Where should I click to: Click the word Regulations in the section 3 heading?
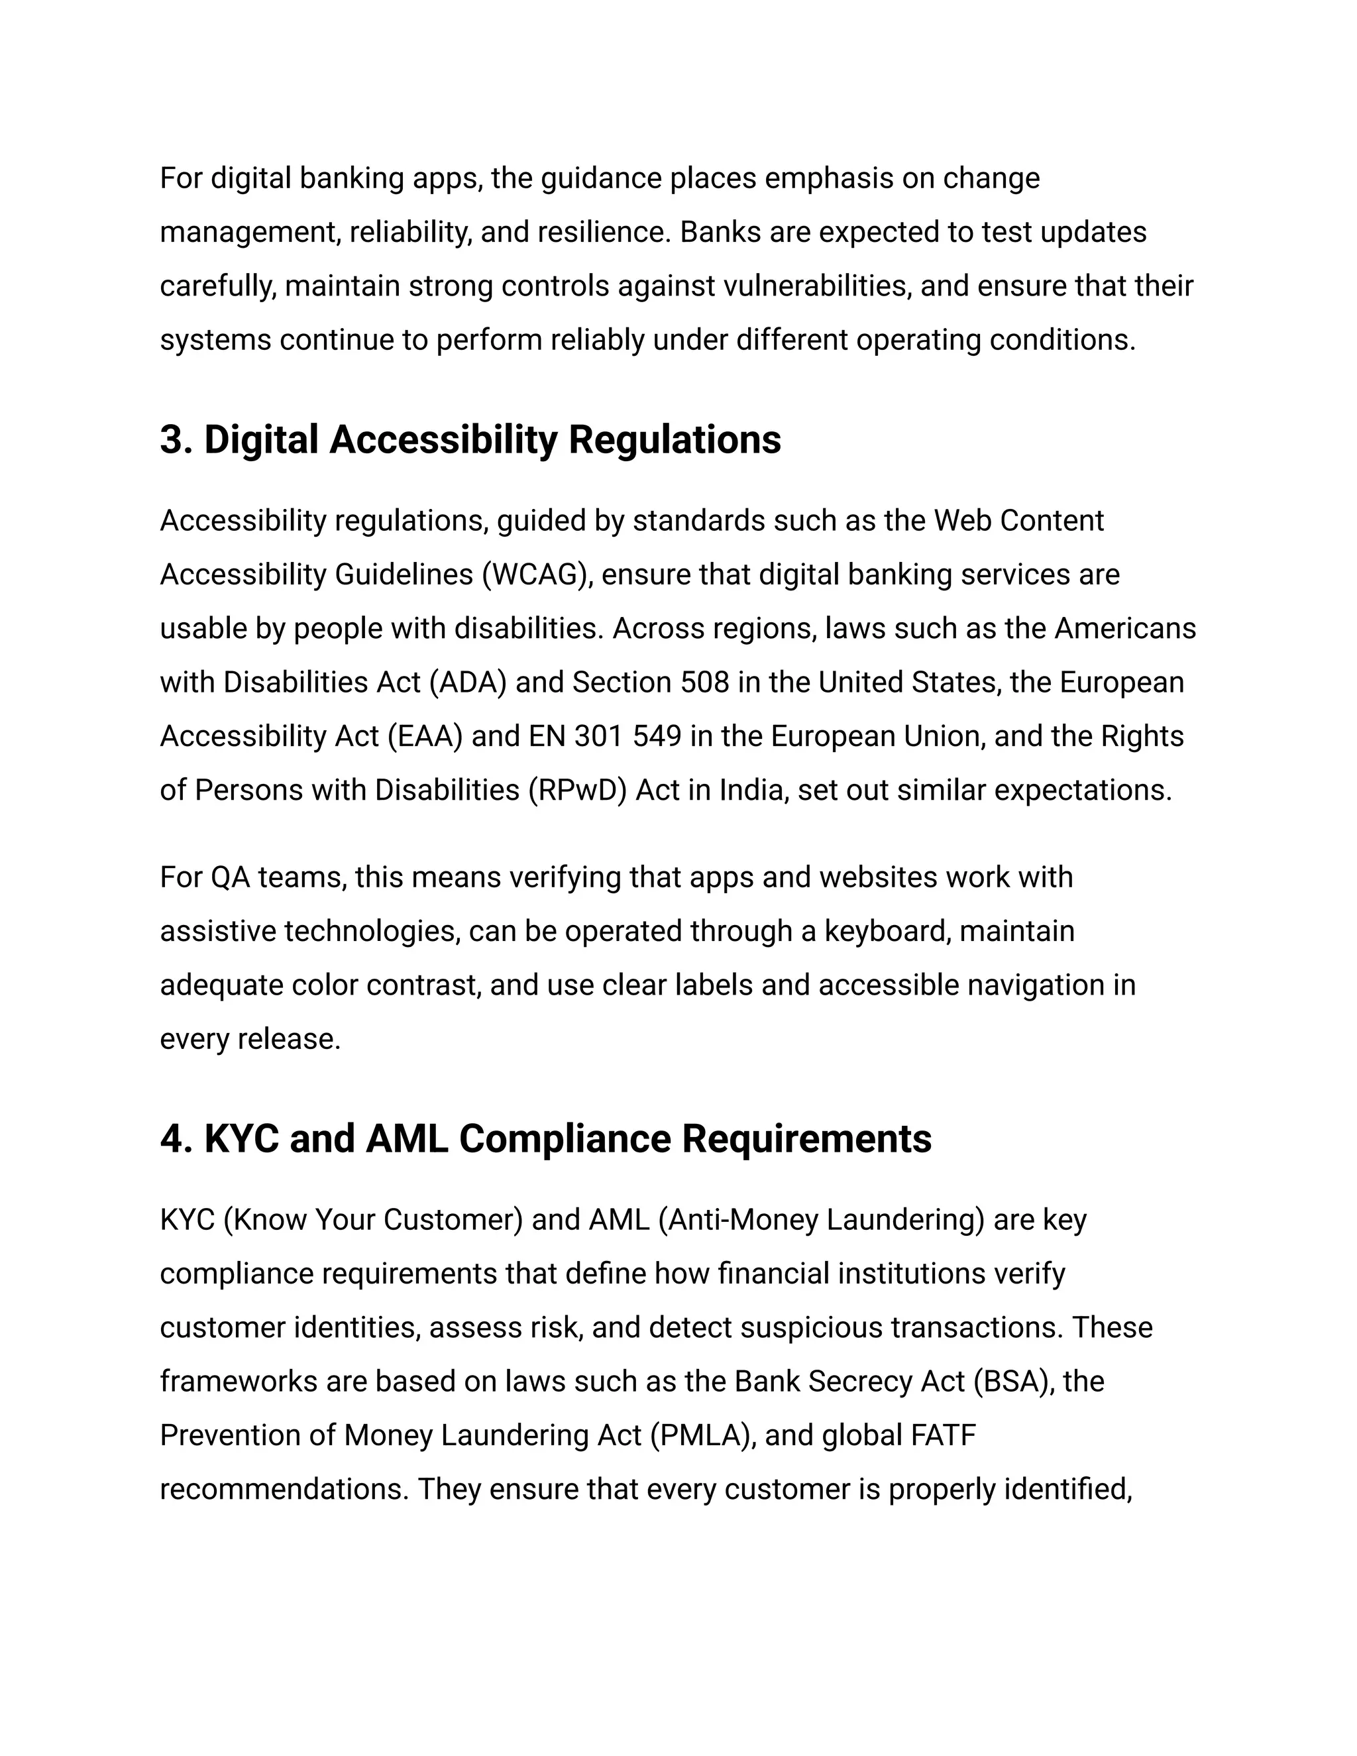click(675, 441)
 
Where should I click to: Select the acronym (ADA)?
click(468, 683)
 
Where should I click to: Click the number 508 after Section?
click(705, 683)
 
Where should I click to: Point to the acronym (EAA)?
click(425, 736)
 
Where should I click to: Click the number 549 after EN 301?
click(657, 736)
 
